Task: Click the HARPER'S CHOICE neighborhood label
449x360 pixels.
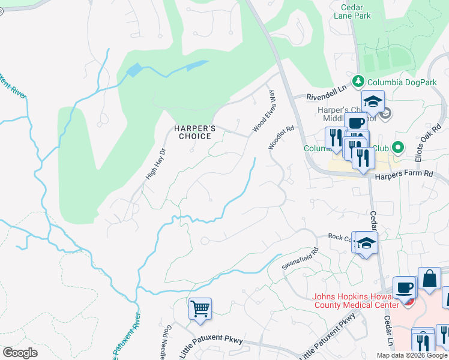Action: [193, 132]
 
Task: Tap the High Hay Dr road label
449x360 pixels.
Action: [155, 165]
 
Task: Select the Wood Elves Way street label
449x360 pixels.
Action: [264, 112]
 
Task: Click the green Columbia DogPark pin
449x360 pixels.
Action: [358, 80]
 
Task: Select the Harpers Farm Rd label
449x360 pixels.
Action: [404, 174]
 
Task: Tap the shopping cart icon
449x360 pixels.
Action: [200, 309]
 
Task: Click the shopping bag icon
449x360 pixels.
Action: [429, 279]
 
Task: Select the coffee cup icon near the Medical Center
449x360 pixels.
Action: [404, 287]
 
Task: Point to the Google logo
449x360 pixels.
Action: [20, 353]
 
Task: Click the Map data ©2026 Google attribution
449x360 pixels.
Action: [412, 355]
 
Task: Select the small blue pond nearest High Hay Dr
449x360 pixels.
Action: [134, 71]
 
